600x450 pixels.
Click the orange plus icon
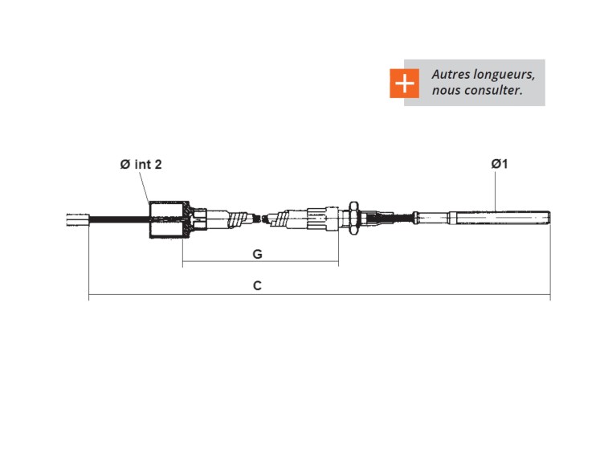[405, 83]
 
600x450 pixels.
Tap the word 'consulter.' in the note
[493, 91]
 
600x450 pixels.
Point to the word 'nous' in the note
[447, 91]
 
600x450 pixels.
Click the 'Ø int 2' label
[141, 164]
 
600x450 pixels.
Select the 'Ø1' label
[500, 164]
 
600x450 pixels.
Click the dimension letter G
[257, 254]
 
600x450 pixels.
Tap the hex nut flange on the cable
[353, 217]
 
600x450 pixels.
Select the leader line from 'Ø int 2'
[146, 188]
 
